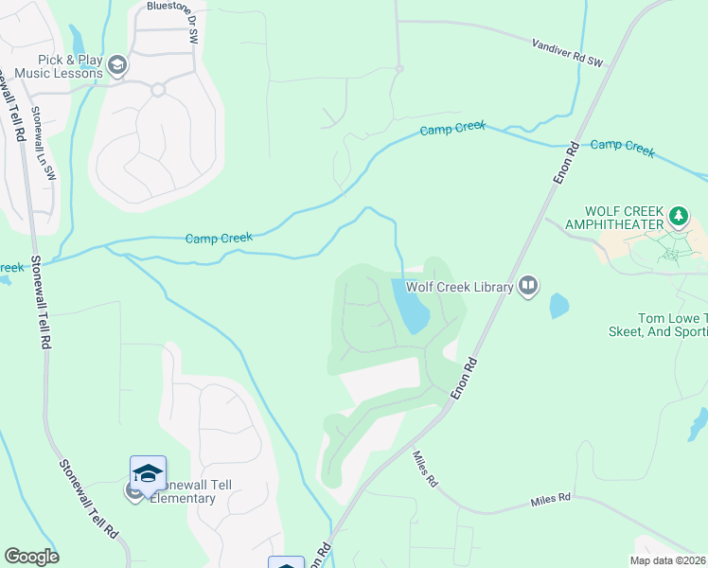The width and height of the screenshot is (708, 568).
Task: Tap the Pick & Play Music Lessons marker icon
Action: point(117,64)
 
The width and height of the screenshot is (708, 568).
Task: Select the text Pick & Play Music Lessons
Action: point(57,65)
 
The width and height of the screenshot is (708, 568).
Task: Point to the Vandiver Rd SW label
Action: point(567,52)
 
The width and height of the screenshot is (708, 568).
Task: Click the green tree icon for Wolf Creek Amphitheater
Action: point(679,217)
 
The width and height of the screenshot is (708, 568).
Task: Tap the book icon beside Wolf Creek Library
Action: point(528,285)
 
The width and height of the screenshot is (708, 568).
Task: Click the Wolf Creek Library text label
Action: point(459,286)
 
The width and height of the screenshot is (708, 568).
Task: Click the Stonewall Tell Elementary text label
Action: point(195,491)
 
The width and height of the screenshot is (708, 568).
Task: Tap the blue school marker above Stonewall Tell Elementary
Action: point(149,471)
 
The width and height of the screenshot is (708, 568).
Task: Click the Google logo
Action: point(31,557)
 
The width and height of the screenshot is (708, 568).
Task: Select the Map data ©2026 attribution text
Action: point(667,559)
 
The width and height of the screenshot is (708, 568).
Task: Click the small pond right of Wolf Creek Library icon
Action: point(558,305)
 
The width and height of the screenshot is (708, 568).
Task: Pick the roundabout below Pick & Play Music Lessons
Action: point(158,90)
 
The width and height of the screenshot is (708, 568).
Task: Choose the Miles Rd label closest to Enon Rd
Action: point(425,469)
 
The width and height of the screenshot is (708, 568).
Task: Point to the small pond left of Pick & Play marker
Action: point(76,41)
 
